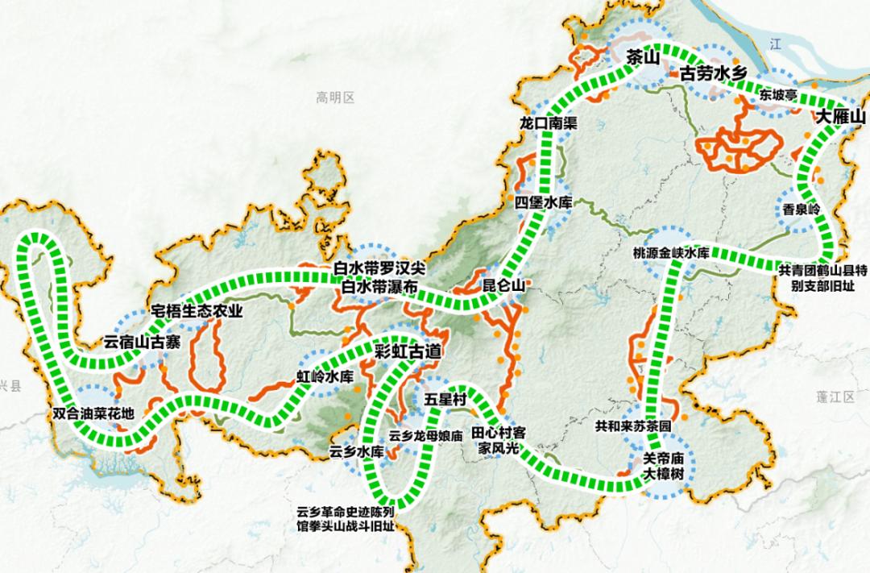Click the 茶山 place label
point(643,57)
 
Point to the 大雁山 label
point(841,118)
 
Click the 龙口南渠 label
point(549,123)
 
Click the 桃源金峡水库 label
point(670,253)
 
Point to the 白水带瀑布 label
point(379,287)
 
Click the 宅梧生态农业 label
point(197,312)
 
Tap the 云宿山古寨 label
point(142,342)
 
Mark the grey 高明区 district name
point(336,98)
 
